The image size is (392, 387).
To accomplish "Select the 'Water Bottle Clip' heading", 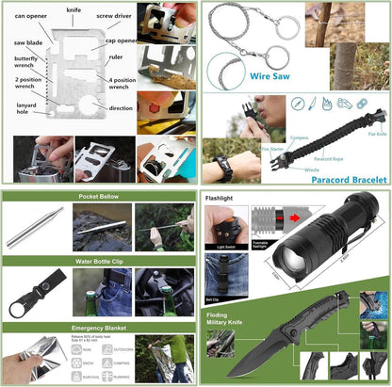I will [99, 263].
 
